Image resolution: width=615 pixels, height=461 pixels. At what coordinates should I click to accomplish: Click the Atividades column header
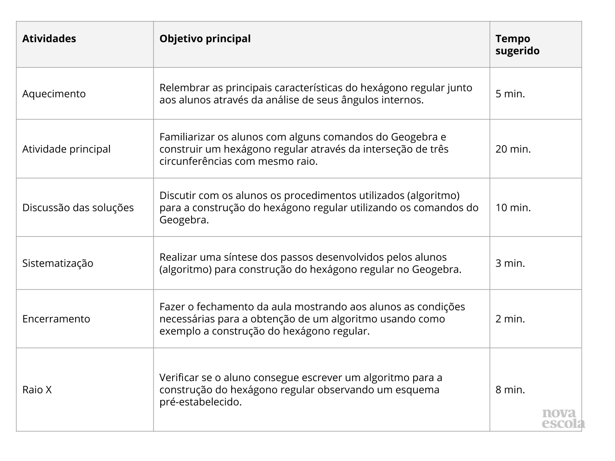(49, 39)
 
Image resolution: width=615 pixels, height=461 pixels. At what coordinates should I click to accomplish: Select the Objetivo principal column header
(205, 39)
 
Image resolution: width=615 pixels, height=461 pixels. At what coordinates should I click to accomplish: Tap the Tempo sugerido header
(517, 45)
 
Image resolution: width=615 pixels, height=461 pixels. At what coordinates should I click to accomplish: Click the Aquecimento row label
(54, 94)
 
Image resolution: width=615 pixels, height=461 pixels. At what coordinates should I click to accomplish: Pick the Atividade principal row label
(66, 149)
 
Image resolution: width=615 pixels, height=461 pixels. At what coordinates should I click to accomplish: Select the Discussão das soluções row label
(78, 208)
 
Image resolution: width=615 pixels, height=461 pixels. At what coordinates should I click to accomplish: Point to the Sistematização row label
(58, 263)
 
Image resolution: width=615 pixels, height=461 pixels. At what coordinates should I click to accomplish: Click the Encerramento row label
(56, 319)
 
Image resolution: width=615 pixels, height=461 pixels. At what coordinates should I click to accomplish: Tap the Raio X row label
(37, 390)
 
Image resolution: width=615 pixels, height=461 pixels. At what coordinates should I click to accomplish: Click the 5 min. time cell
(510, 94)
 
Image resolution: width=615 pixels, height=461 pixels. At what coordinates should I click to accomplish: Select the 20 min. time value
(513, 149)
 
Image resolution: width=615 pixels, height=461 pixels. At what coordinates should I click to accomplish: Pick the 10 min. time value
(513, 208)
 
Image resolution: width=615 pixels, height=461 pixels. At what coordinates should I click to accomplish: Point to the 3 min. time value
(510, 263)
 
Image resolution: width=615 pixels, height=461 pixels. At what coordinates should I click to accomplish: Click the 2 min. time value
(510, 319)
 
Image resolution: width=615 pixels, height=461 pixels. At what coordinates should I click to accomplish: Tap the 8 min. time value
(510, 390)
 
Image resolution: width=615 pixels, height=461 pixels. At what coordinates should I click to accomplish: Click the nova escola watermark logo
(563, 419)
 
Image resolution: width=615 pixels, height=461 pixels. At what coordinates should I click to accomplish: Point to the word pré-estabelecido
(201, 402)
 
